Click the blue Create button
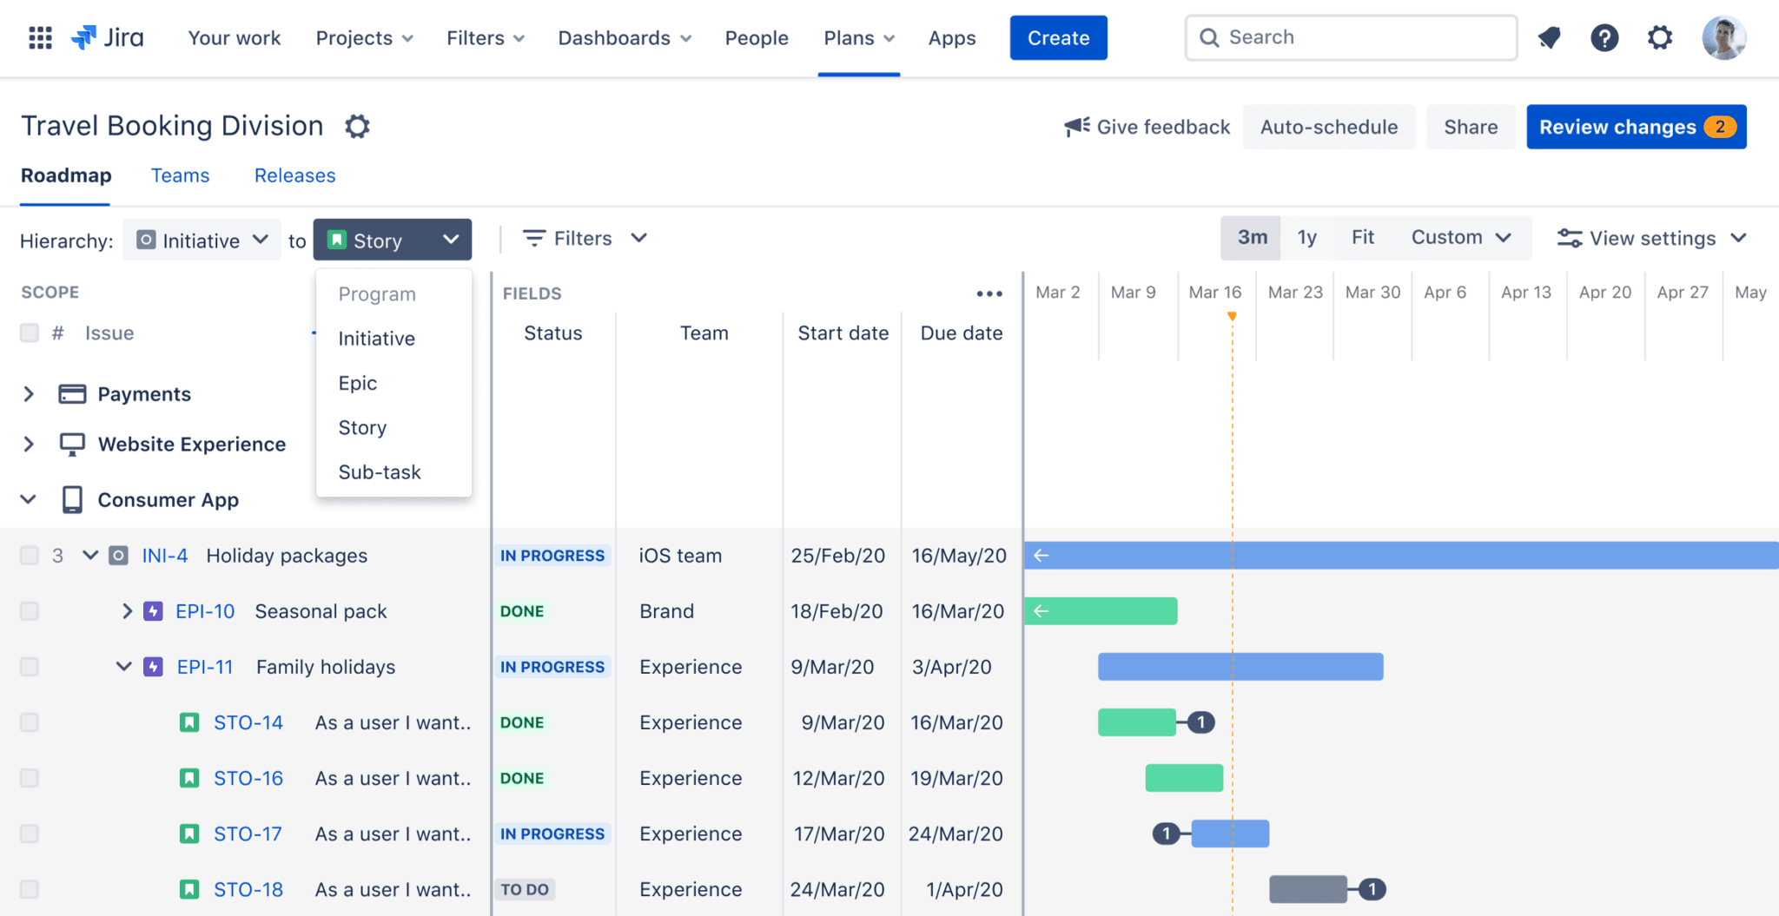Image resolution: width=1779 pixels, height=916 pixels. click(x=1058, y=38)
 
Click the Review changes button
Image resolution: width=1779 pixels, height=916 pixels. click(x=1636, y=127)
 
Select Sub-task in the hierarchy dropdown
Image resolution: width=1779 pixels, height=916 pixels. click(x=380, y=472)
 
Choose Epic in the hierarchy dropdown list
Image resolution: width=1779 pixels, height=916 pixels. click(x=358, y=383)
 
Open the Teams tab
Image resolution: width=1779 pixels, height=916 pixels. click(x=180, y=175)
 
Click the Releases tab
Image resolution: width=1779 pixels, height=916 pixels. click(x=294, y=175)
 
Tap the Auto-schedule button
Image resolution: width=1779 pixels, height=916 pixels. click(x=1328, y=127)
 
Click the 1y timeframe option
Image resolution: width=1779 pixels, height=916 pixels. click(x=1306, y=238)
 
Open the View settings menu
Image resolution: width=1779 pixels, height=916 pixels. click(x=1650, y=238)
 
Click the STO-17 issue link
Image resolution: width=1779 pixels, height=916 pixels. click(x=248, y=834)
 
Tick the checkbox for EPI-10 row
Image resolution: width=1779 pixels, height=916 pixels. click(x=30, y=611)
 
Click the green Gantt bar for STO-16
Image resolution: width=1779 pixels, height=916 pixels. click(x=1184, y=778)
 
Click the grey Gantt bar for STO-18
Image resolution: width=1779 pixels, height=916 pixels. click(x=1307, y=889)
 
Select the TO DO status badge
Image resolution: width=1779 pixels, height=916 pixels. click(x=525, y=889)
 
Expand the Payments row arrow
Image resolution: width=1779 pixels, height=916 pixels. click(x=29, y=394)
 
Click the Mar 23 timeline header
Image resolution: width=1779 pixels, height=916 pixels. click(x=1294, y=293)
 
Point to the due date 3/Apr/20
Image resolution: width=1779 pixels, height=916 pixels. click(x=951, y=667)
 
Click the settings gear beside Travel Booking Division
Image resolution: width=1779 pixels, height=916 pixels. click(x=357, y=127)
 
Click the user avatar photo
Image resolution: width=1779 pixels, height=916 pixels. click(x=1723, y=38)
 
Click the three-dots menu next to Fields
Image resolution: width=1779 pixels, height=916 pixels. click(x=989, y=293)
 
